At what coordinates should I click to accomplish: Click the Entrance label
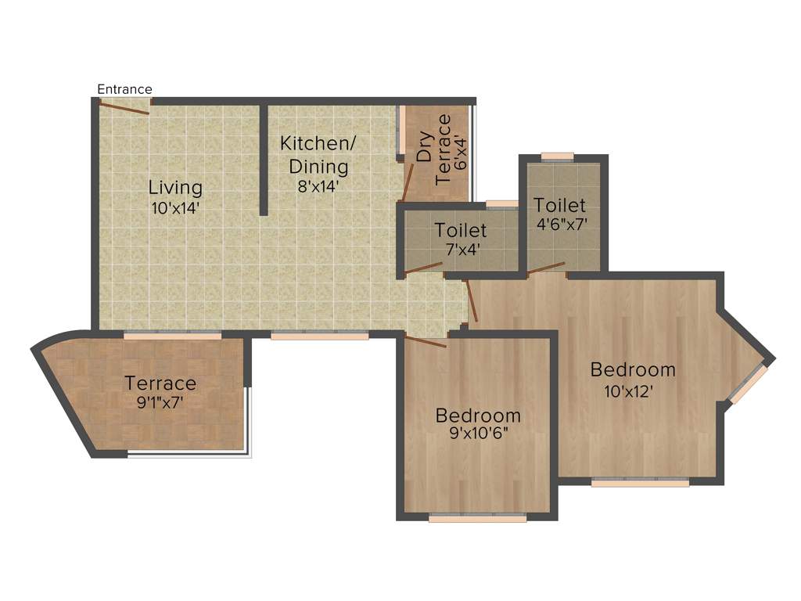click(124, 89)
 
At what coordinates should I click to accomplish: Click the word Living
click(176, 189)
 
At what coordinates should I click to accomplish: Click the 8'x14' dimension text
click(318, 187)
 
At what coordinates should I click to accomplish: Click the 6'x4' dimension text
click(462, 154)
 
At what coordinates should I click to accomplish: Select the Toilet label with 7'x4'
click(461, 230)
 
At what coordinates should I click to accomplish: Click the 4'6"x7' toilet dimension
click(560, 224)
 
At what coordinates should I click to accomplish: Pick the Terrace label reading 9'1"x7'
click(160, 383)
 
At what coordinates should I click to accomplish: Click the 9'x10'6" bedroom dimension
click(478, 434)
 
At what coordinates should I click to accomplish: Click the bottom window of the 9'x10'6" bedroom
click(477, 517)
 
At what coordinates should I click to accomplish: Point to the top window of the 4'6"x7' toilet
click(557, 156)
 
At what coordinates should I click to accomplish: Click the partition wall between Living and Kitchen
click(264, 160)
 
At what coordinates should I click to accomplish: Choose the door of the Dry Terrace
click(407, 184)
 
